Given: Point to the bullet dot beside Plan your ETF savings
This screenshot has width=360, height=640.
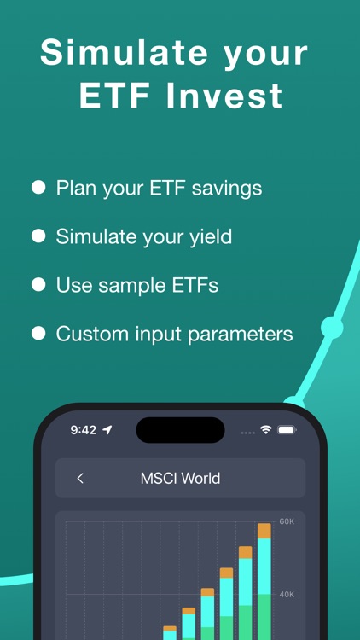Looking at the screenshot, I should tap(38, 188).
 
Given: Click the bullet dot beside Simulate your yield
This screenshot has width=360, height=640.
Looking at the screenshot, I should tap(38, 236).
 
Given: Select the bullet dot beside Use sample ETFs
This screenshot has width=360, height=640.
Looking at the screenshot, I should tap(38, 285).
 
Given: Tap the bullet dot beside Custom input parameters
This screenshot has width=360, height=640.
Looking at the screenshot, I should tap(38, 334).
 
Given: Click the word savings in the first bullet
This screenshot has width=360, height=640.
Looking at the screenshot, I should tap(227, 188).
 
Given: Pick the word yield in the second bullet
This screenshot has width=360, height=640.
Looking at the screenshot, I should tap(211, 236).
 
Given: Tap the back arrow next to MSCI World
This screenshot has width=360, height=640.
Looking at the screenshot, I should tap(80, 479).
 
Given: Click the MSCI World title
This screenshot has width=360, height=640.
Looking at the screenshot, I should tap(180, 479).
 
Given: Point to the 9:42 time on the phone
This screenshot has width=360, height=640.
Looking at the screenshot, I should tap(83, 430).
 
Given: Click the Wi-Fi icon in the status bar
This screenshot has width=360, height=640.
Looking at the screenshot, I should tap(266, 429).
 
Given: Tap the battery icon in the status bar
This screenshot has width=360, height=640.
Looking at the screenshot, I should tap(287, 429).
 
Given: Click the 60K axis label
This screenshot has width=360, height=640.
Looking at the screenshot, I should tap(287, 521).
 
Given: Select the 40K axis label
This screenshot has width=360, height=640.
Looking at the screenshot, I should tap(287, 595).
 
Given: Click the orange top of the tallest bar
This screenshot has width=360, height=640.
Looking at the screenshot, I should tap(264, 531).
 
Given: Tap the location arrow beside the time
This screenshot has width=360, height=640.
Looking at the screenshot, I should tap(107, 430).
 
